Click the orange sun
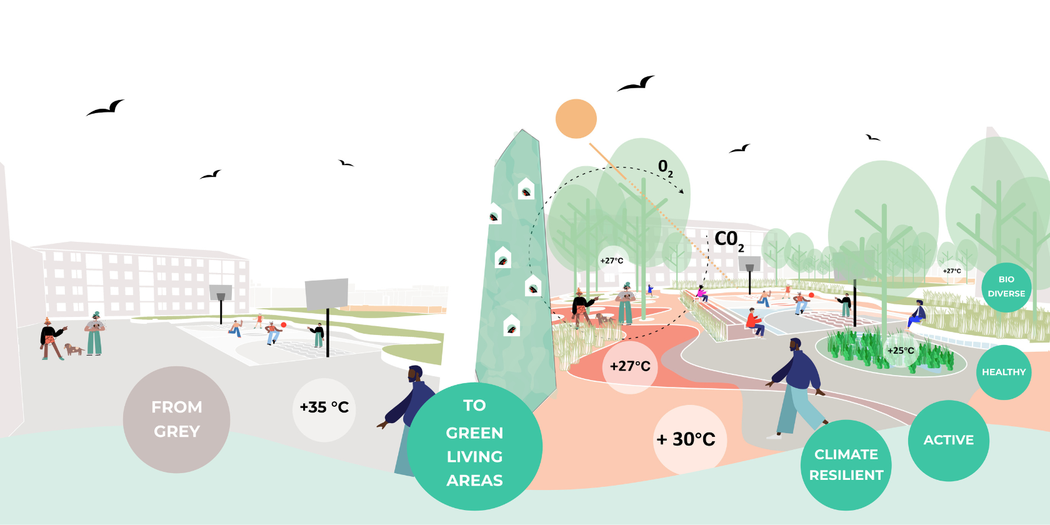click(576, 119)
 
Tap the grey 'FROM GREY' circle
click(177, 419)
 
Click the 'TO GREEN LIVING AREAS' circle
click(474, 446)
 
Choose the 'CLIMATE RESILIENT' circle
click(846, 464)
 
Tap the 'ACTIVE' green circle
click(948, 440)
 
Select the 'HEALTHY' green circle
click(1004, 372)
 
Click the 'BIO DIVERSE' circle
click(1006, 286)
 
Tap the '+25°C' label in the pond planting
click(901, 351)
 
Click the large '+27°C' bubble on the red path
click(630, 367)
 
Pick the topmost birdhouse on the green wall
click(526, 189)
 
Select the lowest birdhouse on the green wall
click(511, 326)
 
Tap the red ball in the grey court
click(283, 325)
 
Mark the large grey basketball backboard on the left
click(326, 294)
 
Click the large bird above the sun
click(636, 84)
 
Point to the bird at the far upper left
click(106, 109)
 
